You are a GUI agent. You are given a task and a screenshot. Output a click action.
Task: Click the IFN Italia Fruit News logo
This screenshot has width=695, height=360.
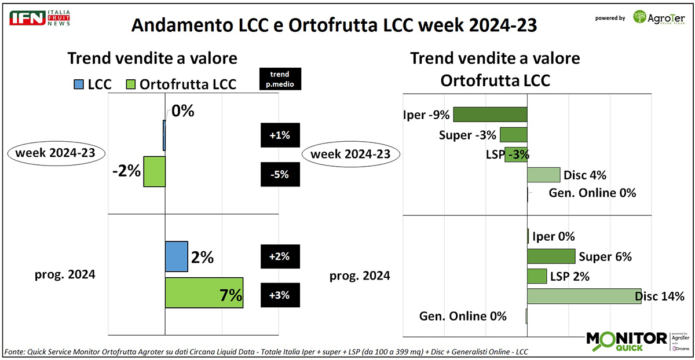click(39, 17)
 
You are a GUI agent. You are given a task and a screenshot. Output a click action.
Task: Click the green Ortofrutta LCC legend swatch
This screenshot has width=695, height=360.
click(131, 85)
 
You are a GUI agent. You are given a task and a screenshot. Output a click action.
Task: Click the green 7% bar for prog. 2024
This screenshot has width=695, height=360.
click(204, 293)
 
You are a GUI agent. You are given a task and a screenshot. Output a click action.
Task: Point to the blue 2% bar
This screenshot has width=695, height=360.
click(177, 256)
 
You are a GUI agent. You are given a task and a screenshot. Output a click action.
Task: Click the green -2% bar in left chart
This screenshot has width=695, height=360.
click(155, 171)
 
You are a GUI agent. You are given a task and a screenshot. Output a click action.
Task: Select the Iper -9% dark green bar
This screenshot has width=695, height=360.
click(490, 114)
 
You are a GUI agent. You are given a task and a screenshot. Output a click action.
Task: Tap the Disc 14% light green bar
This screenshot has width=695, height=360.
click(584, 296)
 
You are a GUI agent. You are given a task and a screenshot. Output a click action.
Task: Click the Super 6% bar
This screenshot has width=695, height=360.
click(551, 256)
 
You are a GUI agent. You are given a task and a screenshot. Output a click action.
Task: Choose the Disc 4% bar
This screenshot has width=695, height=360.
click(543, 175)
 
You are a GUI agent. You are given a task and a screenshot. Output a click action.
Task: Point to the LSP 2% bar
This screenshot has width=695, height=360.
click(537, 276)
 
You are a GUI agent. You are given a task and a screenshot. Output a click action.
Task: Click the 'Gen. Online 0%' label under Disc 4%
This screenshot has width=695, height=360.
click(591, 193)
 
